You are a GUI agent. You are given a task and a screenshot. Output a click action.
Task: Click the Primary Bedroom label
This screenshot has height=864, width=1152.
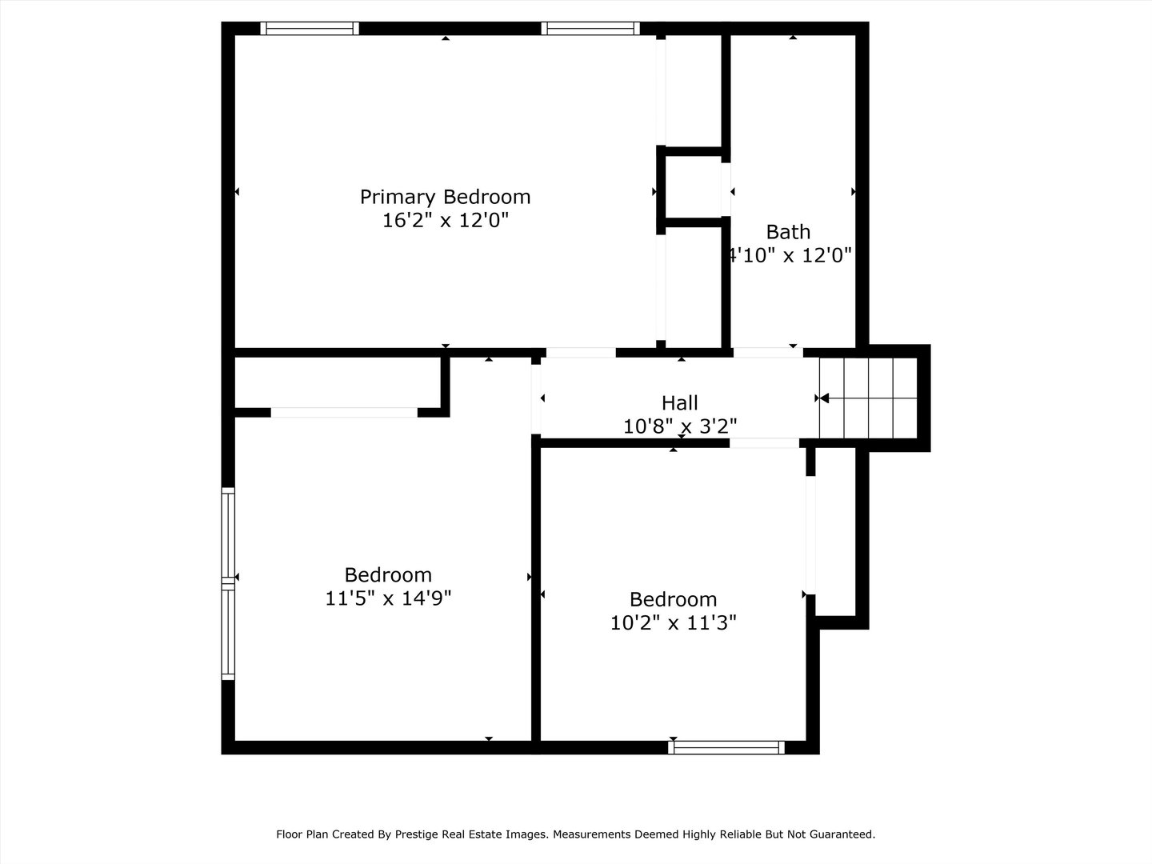445,197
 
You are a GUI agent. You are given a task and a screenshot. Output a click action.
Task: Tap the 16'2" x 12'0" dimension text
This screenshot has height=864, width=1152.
445,220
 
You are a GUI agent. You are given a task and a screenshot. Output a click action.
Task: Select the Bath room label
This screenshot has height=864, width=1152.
788,232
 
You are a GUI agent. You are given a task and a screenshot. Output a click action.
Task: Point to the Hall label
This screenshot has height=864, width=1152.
679,403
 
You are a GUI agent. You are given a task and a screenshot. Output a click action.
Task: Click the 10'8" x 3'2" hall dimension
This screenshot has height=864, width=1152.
679,426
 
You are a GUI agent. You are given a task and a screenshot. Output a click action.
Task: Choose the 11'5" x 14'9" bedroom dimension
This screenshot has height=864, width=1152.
388,598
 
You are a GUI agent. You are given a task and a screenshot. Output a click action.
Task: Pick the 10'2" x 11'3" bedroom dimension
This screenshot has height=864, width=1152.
673,622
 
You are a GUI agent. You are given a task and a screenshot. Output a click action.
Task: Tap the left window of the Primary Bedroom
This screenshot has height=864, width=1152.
310,29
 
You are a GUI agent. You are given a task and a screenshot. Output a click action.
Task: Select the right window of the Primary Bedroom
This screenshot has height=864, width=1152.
590,29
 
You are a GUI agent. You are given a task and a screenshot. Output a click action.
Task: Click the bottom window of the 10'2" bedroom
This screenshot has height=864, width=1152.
726,747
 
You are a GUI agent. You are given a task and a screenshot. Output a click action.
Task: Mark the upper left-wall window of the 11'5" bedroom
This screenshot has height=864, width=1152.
229,534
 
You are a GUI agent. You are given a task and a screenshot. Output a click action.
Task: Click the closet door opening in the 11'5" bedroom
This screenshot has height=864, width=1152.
344,413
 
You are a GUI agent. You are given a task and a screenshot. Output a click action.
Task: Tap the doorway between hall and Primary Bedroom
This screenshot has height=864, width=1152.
581,353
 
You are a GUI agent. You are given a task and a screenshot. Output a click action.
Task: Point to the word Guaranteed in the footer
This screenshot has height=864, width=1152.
843,834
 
